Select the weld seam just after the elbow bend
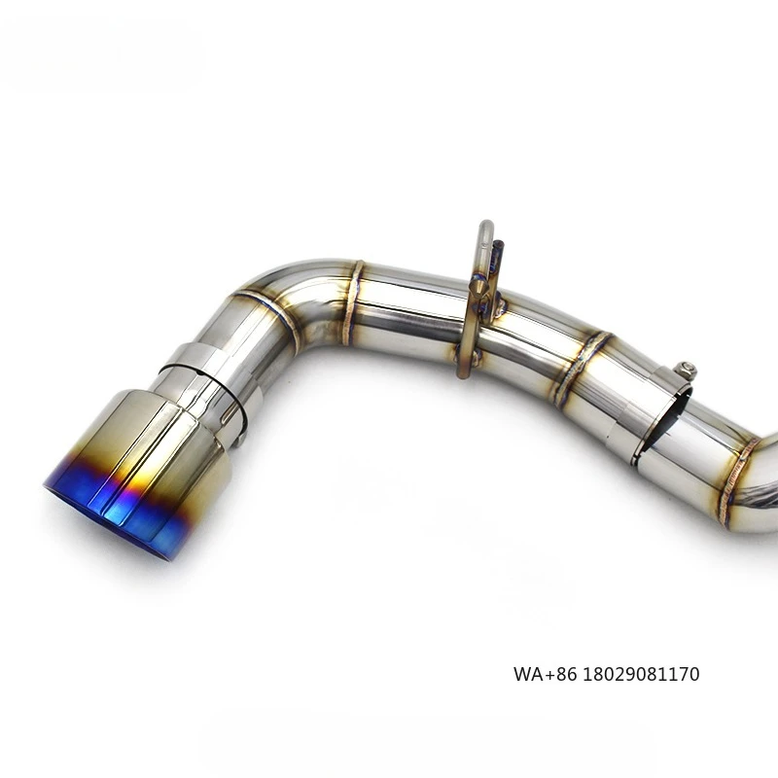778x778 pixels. click(352, 301)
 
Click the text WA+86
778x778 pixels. click(541, 674)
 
